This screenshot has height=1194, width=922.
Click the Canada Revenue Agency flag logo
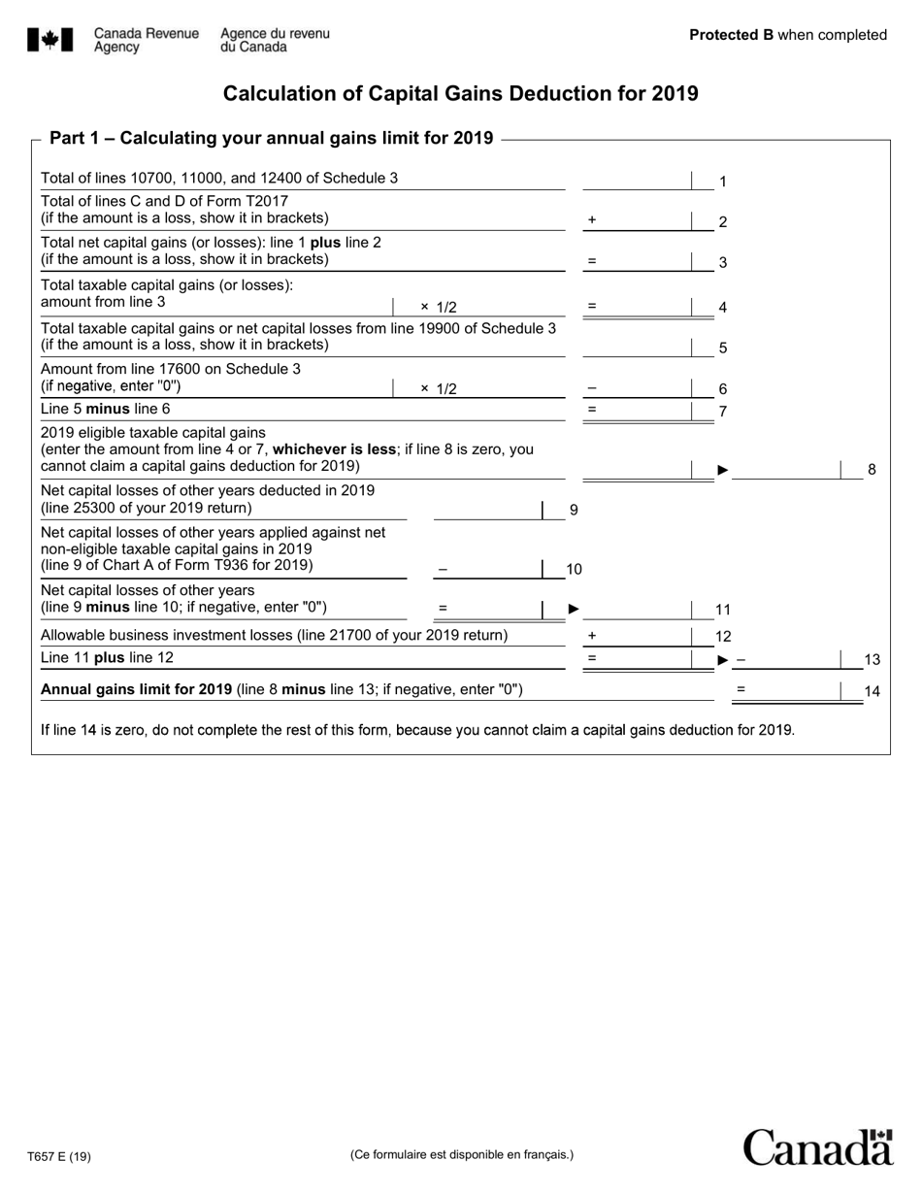(x=49, y=40)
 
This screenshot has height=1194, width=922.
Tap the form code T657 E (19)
(x=59, y=1156)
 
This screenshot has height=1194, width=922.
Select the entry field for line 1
(x=636, y=180)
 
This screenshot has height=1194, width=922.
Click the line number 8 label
(x=872, y=470)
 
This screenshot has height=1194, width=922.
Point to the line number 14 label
(x=872, y=692)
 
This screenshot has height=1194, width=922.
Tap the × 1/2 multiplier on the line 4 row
(x=439, y=307)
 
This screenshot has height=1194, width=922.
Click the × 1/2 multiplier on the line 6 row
(x=439, y=388)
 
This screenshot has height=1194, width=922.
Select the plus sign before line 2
(x=592, y=220)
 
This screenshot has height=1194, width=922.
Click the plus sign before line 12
(x=592, y=636)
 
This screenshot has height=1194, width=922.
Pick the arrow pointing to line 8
(x=722, y=470)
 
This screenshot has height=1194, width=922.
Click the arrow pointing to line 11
(x=574, y=609)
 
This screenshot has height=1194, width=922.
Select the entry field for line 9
(x=486, y=509)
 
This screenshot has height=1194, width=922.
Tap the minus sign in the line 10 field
(x=443, y=569)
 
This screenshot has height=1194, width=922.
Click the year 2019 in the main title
(x=675, y=94)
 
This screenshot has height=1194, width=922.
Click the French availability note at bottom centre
(x=461, y=1154)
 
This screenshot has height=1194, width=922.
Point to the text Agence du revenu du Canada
(x=275, y=40)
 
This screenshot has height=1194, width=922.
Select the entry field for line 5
(x=636, y=347)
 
